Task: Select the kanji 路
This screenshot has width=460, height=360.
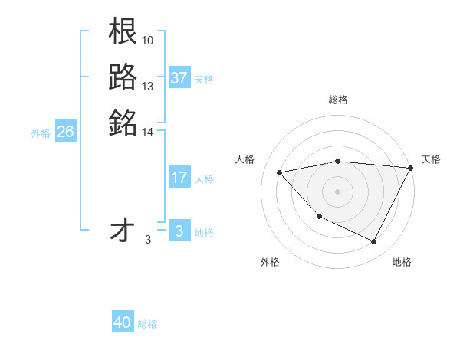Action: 123,76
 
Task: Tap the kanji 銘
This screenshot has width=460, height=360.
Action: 123,122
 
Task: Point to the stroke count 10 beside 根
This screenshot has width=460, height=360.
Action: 149,39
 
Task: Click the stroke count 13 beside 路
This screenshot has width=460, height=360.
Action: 148,86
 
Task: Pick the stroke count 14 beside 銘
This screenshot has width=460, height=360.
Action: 148,133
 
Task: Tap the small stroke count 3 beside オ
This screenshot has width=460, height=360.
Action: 148,240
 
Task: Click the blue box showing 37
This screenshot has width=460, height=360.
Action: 179,78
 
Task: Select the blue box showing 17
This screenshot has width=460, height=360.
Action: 179,178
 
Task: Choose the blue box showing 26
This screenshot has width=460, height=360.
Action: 65,132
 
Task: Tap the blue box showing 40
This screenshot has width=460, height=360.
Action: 123,322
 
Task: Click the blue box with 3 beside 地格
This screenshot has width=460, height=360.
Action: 179,231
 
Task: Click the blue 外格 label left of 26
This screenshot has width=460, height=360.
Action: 41,133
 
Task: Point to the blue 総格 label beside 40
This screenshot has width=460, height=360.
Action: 147,323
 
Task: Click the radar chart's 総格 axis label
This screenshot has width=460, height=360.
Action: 338,100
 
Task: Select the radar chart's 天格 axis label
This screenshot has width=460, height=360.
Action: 431,159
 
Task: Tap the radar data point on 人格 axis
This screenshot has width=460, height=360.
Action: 280,172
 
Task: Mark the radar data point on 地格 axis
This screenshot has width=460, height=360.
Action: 374,242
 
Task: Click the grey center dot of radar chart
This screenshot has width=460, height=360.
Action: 338,191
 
